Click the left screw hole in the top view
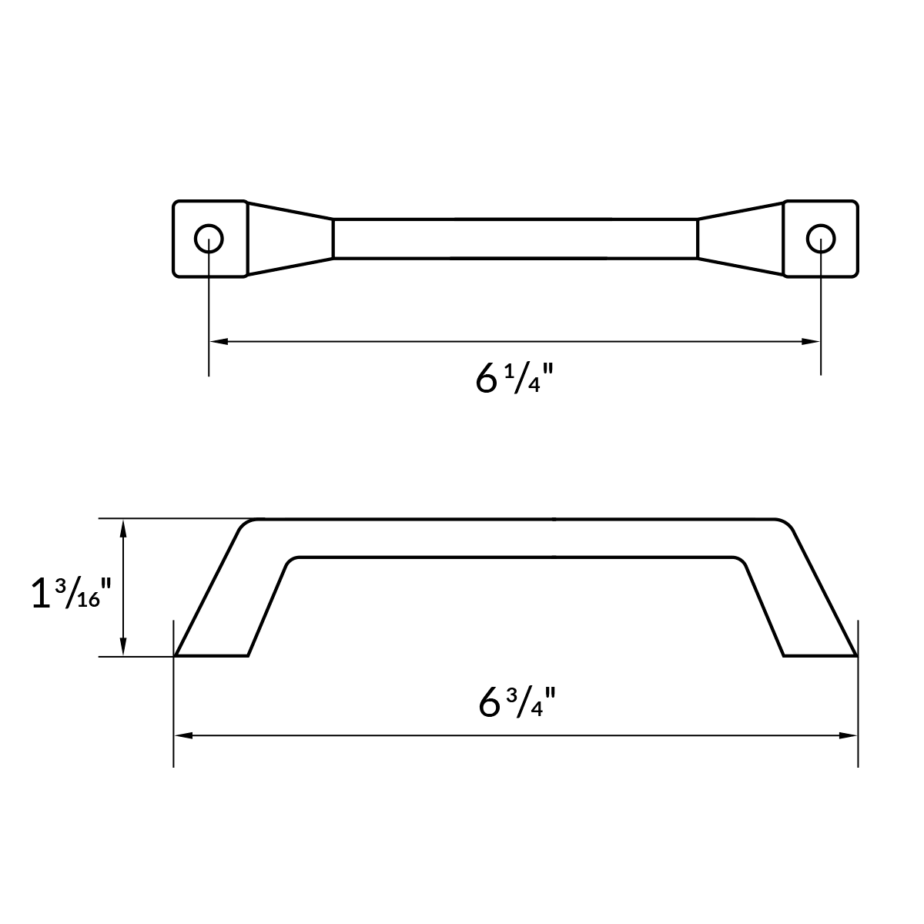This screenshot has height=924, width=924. [x=209, y=239]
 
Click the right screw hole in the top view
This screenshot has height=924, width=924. [x=821, y=239]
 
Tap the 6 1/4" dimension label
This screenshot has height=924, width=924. [x=515, y=379]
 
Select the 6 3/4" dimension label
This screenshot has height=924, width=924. [x=517, y=701]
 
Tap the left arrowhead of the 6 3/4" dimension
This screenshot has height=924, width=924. [x=182, y=736]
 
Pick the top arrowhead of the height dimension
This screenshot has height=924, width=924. [x=122, y=527]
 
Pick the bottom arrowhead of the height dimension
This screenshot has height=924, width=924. [x=122, y=648]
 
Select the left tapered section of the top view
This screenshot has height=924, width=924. [x=290, y=239]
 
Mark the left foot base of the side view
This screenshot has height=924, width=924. [x=212, y=655]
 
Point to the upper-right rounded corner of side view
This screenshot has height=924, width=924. [x=784, y=526]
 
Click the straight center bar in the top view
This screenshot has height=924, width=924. [x=515, y=239]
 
